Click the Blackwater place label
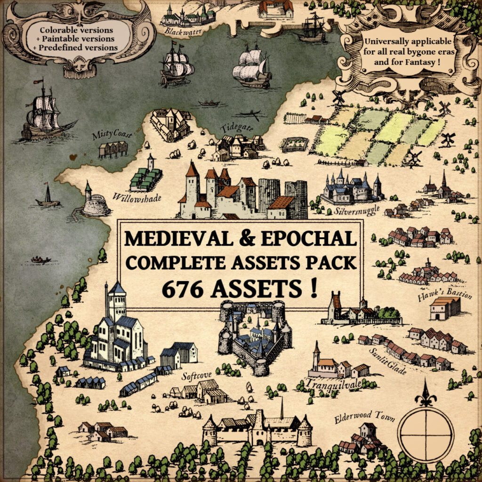(x=179, y=32)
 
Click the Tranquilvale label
(x=334, y=385)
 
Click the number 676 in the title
(x=183, y=288)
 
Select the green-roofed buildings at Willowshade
(x=146, y=177)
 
